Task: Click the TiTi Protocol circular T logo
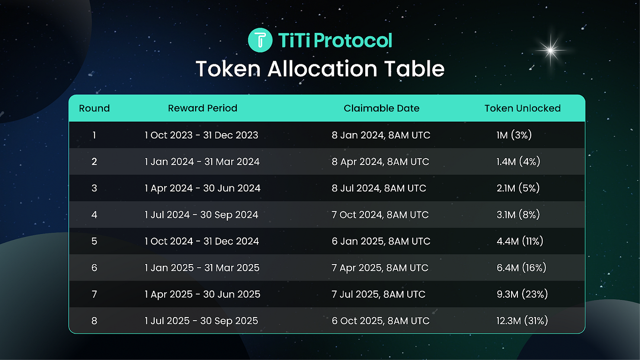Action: pyautogui.click(x=260, y=40)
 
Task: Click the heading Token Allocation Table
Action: pyautogui.click(x=320, y=69)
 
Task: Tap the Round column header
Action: pyautogui.click(x=94, y=108)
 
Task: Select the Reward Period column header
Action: pyautogui.click(x=203, y=108)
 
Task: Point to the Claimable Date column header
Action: pyautogui.click(x=381, y=108)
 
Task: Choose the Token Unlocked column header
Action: pyautogui.click(x=523, y=108)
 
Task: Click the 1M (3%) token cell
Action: pyautogui.click(x=514, y=135)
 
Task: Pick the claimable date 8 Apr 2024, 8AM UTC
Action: pyautogui.click(x=380, y=162)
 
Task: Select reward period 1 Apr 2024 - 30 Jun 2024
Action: pyautogui.click(x=203, y=188)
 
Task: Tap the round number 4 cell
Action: pyautogui.click(x=94, y=215)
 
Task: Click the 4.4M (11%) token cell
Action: pyautogui.click(x=520, y=241)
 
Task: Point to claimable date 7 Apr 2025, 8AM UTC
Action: pyautogui.click(x=380, y=268)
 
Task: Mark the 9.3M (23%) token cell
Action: pyautogui.click(x=522, y=294)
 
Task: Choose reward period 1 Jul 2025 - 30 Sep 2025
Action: pyautogui.click(x=202, y=321)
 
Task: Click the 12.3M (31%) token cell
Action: pyautogui.click(x=522, y=321)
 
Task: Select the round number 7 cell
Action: pyautogui.click(x=94, y=294)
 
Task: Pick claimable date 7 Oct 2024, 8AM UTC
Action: pyautogui.click(x=380, y=215)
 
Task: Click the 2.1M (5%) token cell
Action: pyautogui.click(x=518, y=188)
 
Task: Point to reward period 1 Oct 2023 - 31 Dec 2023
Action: pyautogui.click(x=202, y=135)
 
